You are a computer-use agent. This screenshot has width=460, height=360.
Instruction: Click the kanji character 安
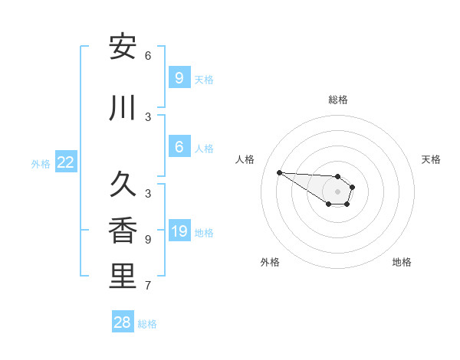[123, 47]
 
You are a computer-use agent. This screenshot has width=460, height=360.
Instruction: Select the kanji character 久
[123, 185]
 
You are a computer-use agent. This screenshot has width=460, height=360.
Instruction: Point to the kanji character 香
[123, 231]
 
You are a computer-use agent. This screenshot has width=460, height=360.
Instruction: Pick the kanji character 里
[123, 277]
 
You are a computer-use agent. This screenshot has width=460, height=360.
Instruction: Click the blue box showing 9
[179, 77]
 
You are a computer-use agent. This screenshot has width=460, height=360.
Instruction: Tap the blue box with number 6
[179, 147]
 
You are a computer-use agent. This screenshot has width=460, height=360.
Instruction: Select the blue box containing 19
[179, 231]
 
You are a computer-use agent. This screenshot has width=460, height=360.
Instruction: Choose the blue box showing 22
[65, 162]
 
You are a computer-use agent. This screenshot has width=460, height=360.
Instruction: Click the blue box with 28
[123, 322]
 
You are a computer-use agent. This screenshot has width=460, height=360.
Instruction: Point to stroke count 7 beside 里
[147, 286]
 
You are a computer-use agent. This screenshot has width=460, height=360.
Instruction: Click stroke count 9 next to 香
[147, 240]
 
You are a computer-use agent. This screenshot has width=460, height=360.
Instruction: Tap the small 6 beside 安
[147, 56]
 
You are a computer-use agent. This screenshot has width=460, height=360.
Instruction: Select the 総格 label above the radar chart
[338, 100]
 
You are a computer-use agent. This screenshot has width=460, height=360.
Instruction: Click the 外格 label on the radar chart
[270, 262]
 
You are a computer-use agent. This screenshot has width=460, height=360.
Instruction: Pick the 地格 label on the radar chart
[402, 262]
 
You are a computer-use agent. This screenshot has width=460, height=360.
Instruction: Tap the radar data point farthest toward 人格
[279, 172]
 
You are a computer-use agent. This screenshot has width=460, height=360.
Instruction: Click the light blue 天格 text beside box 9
[204, 79]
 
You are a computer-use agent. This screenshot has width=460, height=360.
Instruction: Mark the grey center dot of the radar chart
[337, 191]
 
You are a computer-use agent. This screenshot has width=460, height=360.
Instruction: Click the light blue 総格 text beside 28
[147, 324]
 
